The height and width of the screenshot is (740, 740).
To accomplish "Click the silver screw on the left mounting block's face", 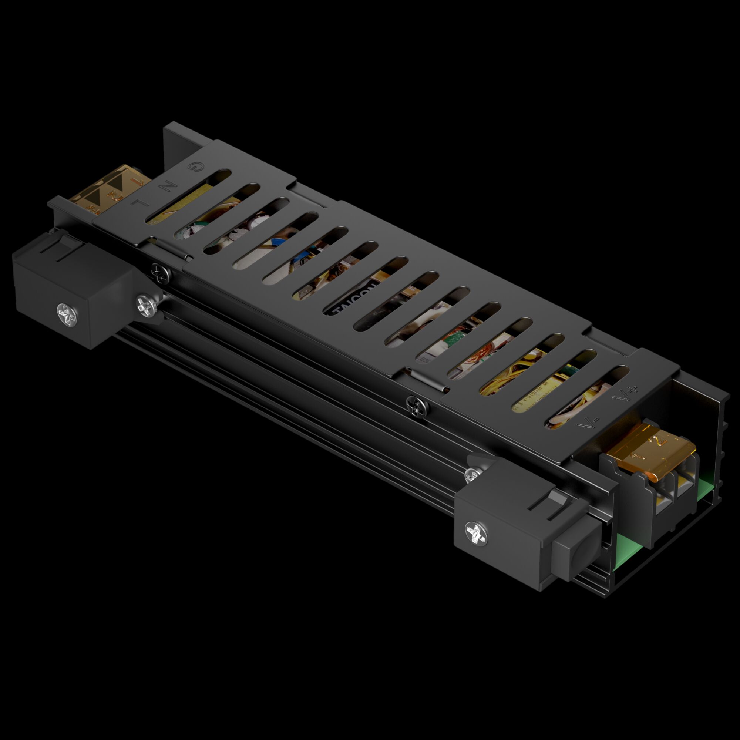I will point(68,315).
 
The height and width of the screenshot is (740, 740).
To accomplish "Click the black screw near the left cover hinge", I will point(161,273).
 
